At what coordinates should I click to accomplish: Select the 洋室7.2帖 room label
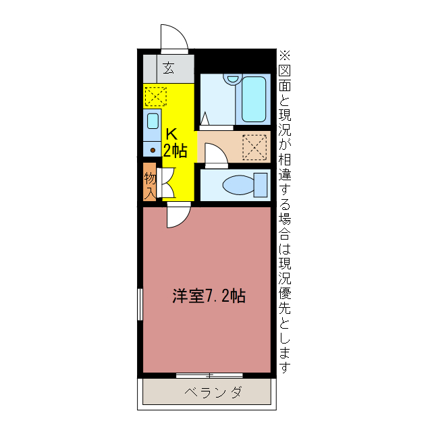point(209,295)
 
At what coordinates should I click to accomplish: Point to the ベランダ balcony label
point(207,392)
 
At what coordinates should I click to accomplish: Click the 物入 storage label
point(150,184)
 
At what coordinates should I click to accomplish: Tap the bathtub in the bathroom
point(255,98)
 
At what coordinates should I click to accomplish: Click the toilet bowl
point(237,184)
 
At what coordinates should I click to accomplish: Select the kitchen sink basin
point(153,122)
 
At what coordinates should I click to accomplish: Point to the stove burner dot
point(153,149)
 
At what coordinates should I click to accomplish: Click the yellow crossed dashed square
point(155,97)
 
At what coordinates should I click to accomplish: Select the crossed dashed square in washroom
point(255,147)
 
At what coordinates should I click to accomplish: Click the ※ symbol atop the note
point(284,55)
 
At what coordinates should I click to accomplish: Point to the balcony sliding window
point(209,374)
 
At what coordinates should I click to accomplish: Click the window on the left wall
point(140,304)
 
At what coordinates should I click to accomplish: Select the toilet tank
point(261,184)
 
